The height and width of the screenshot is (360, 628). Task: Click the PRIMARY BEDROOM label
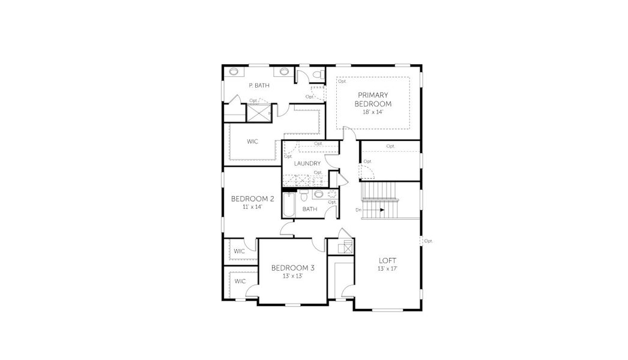(x=373, y=99)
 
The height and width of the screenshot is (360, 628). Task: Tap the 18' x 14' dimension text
(x=373, y=112)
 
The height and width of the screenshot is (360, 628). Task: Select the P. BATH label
(x=259, y=86)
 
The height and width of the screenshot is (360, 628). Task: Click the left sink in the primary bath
(x=234, y=72)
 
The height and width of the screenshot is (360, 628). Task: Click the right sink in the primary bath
(x=284, y=72)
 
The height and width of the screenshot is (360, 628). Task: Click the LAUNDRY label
(x=307, y=163)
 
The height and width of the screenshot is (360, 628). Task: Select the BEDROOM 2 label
(x=253, y=199)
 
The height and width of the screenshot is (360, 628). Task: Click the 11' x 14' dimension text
(x=253, y=207)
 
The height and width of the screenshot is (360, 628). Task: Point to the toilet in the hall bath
(x=304, y=196)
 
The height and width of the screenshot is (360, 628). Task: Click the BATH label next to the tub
(x=310, y=209)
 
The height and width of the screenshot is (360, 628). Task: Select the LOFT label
(x=387, y=260)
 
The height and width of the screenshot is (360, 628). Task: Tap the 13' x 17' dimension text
(x=387, y=268)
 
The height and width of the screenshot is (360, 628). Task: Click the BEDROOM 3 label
(x=292, y=268)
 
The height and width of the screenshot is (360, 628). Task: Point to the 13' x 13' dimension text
(x=292, y=277)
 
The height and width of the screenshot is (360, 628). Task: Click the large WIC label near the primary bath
(x=253, y=142)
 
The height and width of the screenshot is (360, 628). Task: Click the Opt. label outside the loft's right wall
(x=429, y=241)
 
